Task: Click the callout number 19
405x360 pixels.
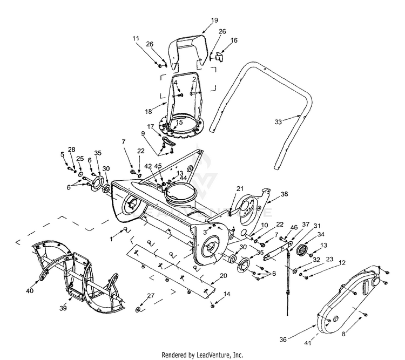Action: [x=214, y=20]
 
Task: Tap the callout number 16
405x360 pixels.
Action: [x=234, y=40]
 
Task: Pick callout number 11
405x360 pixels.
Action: [x=136, y=38]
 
